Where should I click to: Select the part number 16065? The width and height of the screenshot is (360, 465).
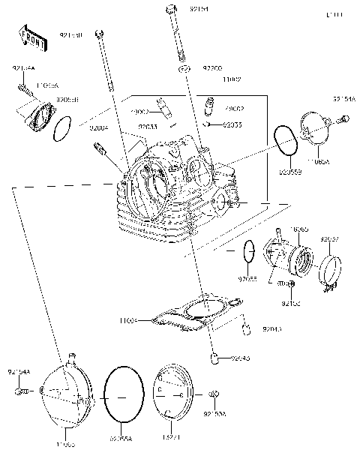(x=299, y=229)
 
